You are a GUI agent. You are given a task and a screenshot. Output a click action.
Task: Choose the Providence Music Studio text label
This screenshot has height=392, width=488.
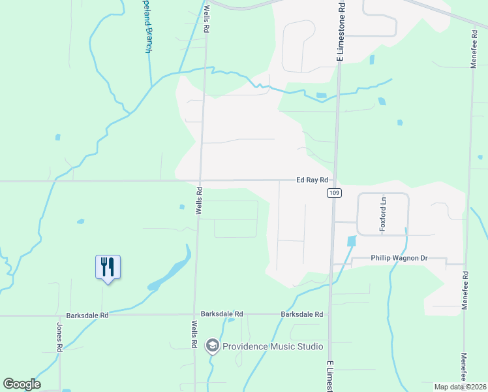click(x=273, y=346)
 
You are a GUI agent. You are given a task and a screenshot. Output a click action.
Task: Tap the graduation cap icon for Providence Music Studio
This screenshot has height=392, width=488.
click(x=212, y=346)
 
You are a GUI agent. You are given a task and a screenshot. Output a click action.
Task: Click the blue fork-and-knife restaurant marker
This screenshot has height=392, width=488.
click(x=108, y=268)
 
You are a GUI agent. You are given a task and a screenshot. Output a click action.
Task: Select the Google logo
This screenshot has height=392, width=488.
click(x=22, y=384)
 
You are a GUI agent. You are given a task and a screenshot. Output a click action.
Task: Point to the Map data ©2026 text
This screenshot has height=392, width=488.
click(x=459, y=387)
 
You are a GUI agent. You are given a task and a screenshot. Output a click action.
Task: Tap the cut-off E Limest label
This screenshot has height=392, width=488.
click(x=329, y=376)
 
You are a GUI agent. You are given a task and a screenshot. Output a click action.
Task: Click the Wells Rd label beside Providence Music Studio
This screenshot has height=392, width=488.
click(x=194, y=334)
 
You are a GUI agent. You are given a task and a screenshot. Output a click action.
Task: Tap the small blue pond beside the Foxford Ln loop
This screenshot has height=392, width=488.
click(x=352, y=240)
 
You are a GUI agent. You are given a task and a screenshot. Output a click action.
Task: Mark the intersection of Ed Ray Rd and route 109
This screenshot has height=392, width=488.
click(x=335, y=180)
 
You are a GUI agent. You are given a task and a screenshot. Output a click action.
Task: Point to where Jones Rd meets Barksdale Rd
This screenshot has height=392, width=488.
click(x=60, y=316)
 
